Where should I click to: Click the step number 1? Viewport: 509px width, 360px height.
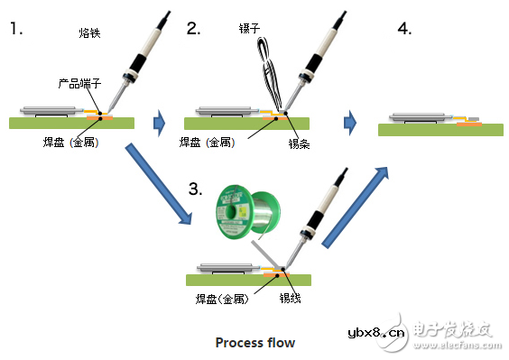click(x=16, y=28)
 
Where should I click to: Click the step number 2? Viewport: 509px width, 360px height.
click(x=193, y=28)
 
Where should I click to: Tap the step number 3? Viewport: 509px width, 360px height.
click(x=196, y=189)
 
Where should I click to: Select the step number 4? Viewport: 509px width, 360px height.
click(x=404, y=28)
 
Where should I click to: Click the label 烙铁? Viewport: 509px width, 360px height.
click(x=89, y=32)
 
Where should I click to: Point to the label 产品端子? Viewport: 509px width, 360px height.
click(x=79, y=83)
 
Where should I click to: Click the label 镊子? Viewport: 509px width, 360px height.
click(x=249, y=28)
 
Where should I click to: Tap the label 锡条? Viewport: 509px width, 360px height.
click(x=299, y=143)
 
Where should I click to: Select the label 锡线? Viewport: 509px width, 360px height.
click(x=291, y=298)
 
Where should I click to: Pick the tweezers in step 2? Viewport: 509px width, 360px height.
click(x=270, y=73)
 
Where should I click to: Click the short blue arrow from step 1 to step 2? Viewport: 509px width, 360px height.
click(x=159, y=123)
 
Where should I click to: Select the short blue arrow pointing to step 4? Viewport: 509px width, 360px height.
click(x=350, y=123)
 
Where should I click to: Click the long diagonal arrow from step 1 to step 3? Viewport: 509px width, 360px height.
click(x=159, y=184)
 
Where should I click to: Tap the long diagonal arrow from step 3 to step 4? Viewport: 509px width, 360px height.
click(x=356, y=208)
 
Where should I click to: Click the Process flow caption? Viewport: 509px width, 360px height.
click(x=255, y=343)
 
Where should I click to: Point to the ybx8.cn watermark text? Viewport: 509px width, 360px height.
click(x=376, y=332)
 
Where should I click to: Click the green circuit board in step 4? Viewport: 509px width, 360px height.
click(x=440, y=130)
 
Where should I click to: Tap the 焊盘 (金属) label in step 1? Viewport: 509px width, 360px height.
click(x=70, y=143)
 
